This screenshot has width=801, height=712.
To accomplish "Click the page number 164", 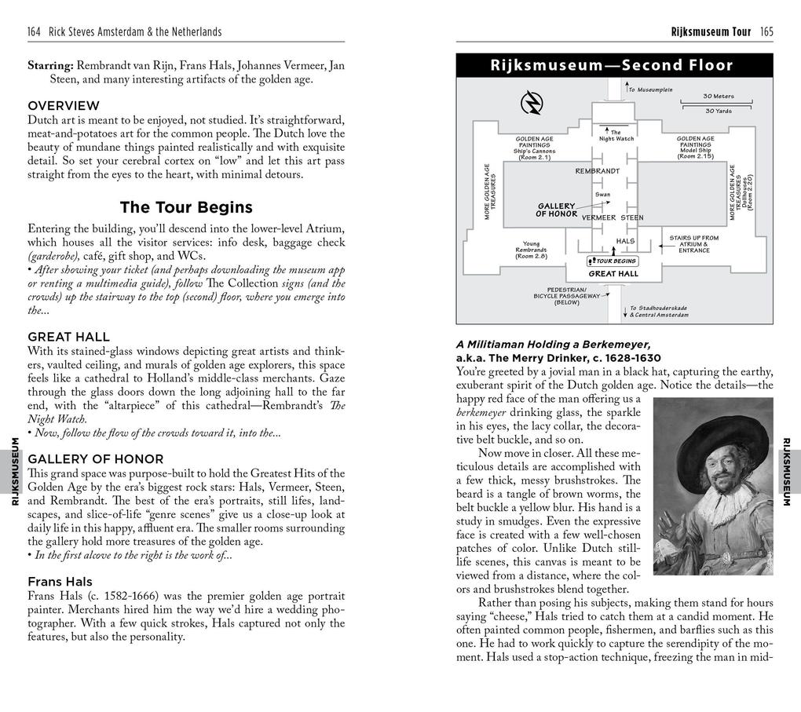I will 35,32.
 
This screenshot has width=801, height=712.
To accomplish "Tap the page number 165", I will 766,32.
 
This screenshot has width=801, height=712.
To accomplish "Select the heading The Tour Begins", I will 186,207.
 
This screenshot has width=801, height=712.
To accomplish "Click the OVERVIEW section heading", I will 64,105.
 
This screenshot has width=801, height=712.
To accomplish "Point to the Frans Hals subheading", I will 60,582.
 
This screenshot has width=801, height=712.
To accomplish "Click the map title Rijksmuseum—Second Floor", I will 612,66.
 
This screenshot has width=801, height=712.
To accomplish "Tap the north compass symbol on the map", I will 532,103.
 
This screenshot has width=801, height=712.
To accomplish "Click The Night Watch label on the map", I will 616,136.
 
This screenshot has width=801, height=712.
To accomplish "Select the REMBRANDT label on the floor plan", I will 597,170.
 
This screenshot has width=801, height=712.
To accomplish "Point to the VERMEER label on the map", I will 598,217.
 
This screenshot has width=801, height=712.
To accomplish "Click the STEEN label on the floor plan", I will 632,217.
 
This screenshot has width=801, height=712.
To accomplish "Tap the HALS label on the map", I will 625,241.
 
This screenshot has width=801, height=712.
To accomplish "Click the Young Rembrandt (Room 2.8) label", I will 532,250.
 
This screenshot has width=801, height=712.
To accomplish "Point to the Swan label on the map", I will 602,194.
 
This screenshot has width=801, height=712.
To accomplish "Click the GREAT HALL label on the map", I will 613,274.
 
